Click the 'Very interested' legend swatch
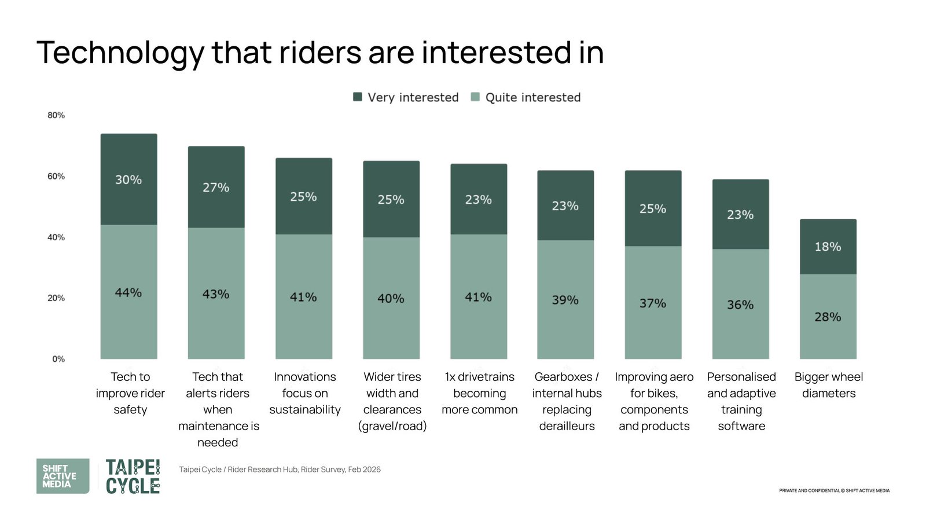pos(358,97)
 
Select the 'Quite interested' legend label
pos(532,97)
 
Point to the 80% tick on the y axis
pos(56,115)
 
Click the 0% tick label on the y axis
pos(58,359)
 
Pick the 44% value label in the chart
pos(128,292)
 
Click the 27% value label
pos(216,188)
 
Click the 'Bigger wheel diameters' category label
pos(828,385)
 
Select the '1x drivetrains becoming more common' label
pos(479,393)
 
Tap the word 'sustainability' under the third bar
pos(305,410)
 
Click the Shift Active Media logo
pos(63,476)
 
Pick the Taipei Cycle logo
pos(133,476)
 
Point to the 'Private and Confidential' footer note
pos(834,490)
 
